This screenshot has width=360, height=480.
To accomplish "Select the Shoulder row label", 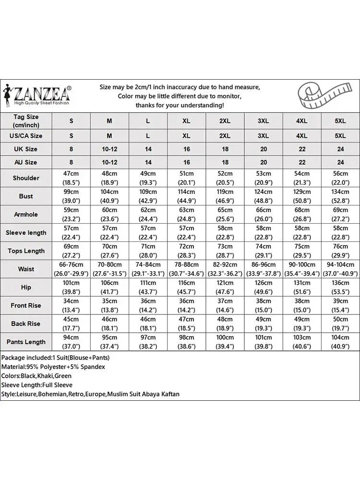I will (26, 178).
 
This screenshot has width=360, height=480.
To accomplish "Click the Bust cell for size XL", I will (186, 196).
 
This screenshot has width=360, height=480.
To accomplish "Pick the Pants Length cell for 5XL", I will (340, 342).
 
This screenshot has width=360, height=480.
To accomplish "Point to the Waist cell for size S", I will (72, 269).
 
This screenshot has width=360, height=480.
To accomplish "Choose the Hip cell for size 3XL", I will (263, 287).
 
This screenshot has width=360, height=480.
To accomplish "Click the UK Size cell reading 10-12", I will (109, 149).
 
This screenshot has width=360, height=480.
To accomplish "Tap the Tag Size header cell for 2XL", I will (225, 121).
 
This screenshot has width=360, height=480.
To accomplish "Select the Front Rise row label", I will (26, 305).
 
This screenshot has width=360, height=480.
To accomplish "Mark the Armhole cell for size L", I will (148, 215).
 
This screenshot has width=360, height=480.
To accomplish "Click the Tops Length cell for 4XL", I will (302, 251).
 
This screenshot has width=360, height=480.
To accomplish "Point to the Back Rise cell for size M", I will (109, 324).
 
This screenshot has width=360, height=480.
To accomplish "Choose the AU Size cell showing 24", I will (340, 162).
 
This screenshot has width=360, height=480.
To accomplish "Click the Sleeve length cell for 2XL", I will (225, 232).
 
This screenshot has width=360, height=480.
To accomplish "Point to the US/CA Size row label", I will (26, 136).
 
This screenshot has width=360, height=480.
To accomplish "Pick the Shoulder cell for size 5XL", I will (340, 178).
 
